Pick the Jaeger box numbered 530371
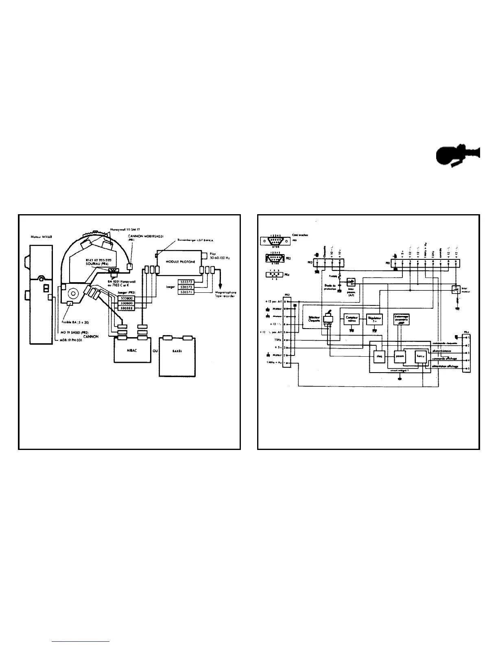187,292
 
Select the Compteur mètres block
352,318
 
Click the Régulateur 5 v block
375,318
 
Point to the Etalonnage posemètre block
402,319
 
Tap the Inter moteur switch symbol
455,289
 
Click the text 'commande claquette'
444,342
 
